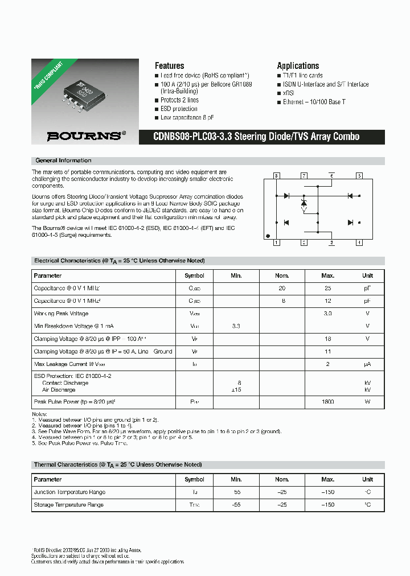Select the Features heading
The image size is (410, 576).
(x=169, y=65)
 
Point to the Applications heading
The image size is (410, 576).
(x=298, y=65)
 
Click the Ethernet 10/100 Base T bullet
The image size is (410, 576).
(x=314, y=102)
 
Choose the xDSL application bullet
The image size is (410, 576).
(x=290, y=93)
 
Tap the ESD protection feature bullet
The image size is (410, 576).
(x=179, y=109)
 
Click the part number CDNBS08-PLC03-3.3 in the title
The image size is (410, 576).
(x=191, y=137)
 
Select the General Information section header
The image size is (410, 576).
(x=63, y=161)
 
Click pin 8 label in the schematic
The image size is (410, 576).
(x=276, y=176)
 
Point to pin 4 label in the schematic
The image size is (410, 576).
(x=359, y=242)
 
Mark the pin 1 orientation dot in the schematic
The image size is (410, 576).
(x=268, y=236)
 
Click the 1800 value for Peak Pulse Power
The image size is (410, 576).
(x=327, y=402)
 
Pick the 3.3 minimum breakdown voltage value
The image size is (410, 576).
(x=236, y=326)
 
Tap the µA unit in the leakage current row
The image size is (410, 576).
(x=367, y=364)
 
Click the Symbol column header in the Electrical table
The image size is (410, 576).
(x=194, y=275)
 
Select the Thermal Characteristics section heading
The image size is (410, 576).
(x=117, y=465)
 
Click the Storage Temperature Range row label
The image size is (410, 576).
(x=69, y=505)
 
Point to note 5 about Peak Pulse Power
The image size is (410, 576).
(x=80, y=442)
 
